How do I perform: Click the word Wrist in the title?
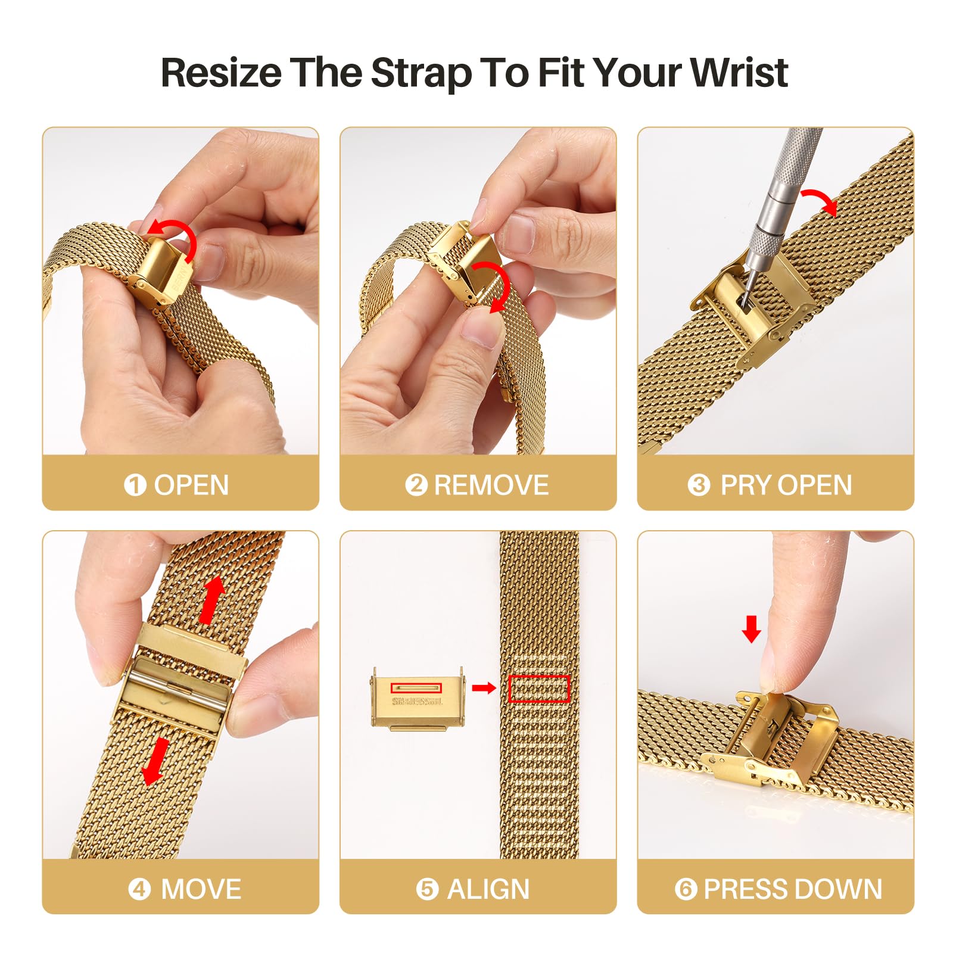coord(739,73)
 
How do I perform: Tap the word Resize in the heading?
coord(221,73)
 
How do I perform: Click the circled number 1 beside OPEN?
coord(135,485)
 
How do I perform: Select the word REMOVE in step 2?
coord(491,485)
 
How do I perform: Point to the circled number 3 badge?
coord(699,485)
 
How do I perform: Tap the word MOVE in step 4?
coord(201,889)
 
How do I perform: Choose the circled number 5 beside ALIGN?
coord(427,889)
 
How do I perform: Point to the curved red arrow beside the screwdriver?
coord(821,201)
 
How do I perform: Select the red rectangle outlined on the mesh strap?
coord(539,689)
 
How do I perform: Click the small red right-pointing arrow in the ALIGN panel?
coord(483,689)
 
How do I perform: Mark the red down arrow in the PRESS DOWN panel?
coord(752,629)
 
